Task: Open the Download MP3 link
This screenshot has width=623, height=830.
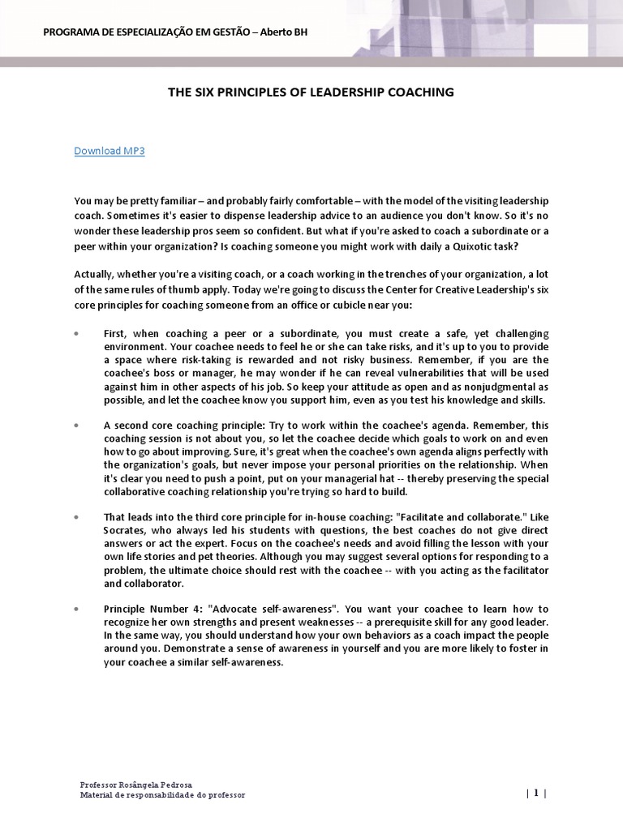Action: pyautogui.click(x=110, y=151)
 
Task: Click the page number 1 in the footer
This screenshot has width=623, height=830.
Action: pyautogui.click(x=536, y=794)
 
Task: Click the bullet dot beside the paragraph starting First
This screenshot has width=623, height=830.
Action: pyautogui.click(x=76, y=334)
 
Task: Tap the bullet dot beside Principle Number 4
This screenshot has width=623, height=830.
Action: pyautogui.click(x=76, y=608)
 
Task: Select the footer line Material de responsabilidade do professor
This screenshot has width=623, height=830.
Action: pyautogui.click(x=162, y=795)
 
